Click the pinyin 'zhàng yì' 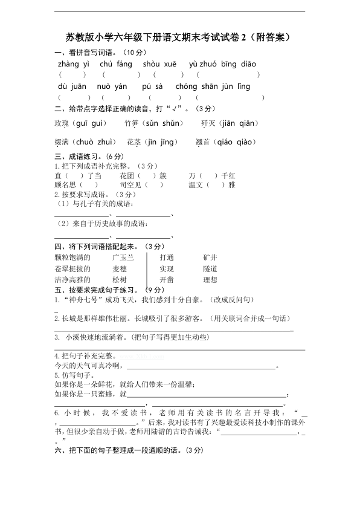pyautogui.click(x=74, y=63)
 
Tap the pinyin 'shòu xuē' pyautogui.click(x=160, y=63)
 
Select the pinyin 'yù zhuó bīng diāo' pyautogui.click(x=223, y=63)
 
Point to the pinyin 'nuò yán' pyautogui.click(x=114, y=86)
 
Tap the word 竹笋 pyautogui.click(x=132, y=123)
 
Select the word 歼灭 pyautogui.click(x=208, y=123)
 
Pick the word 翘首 pyautogui.click(x=203, y=142)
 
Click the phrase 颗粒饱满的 pyautogui.click(x=72, y=257)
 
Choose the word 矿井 pyautogui.click(x=210, y=257)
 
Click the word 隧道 pyautogui.click(x=210, y=268)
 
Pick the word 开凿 pyautogui.click(x=167, y=280)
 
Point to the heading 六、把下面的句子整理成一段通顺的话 pyautogui.click(x=118, y=450)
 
